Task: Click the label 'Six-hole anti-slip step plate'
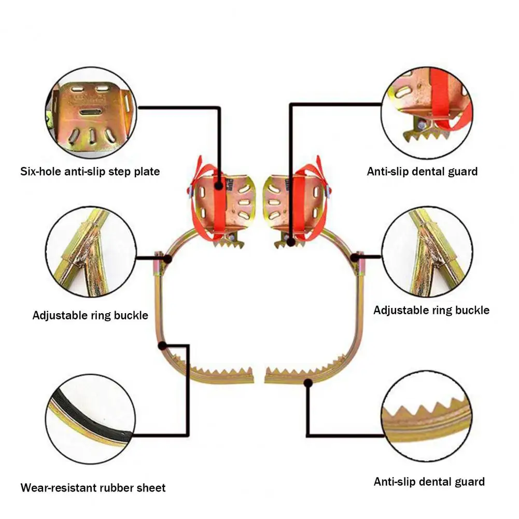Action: pos(90,172)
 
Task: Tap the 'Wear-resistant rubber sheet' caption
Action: pos(93,487)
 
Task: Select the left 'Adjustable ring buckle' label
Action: pos(90,315)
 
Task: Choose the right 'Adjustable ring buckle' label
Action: pos(431,310)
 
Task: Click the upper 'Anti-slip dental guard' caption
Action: pos(422,172)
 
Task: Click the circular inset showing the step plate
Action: pos(91,113)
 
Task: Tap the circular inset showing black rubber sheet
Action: pos(90,419)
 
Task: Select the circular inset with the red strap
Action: pos(427,113)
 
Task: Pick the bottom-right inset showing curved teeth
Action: pos(427,416)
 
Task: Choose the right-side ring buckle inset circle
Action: pos(427,251)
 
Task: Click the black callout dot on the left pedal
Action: pos(218,186)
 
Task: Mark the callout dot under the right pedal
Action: pos(291,242)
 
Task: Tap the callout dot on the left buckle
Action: pos(167,259)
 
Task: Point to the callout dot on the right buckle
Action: pos(355,257)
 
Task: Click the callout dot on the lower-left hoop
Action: pos(162,346)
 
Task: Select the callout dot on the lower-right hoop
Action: pos(308,383)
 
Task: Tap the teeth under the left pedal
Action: pos(228,244)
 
